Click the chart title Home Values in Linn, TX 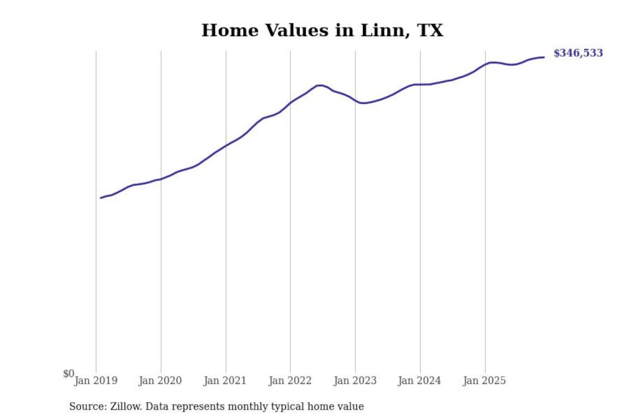tap(322, 31)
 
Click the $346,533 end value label tap(578, 53)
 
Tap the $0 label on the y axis tap(69, 374)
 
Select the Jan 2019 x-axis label tap(96, 381)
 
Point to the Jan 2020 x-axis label tap(160, 381)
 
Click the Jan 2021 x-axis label tap(225, 381)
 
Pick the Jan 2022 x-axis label tap(290, 381)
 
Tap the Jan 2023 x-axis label tap(355, 381)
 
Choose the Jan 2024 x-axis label tap(419, 381)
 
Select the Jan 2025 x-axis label tap(484, 381)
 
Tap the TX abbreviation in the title tap(430, 31)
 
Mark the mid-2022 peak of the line tap(319, 85)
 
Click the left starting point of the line tap(101, 198)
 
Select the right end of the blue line tap(544, 57)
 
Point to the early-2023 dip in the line tap(363, 103)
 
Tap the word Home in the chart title tap(230, 31)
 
